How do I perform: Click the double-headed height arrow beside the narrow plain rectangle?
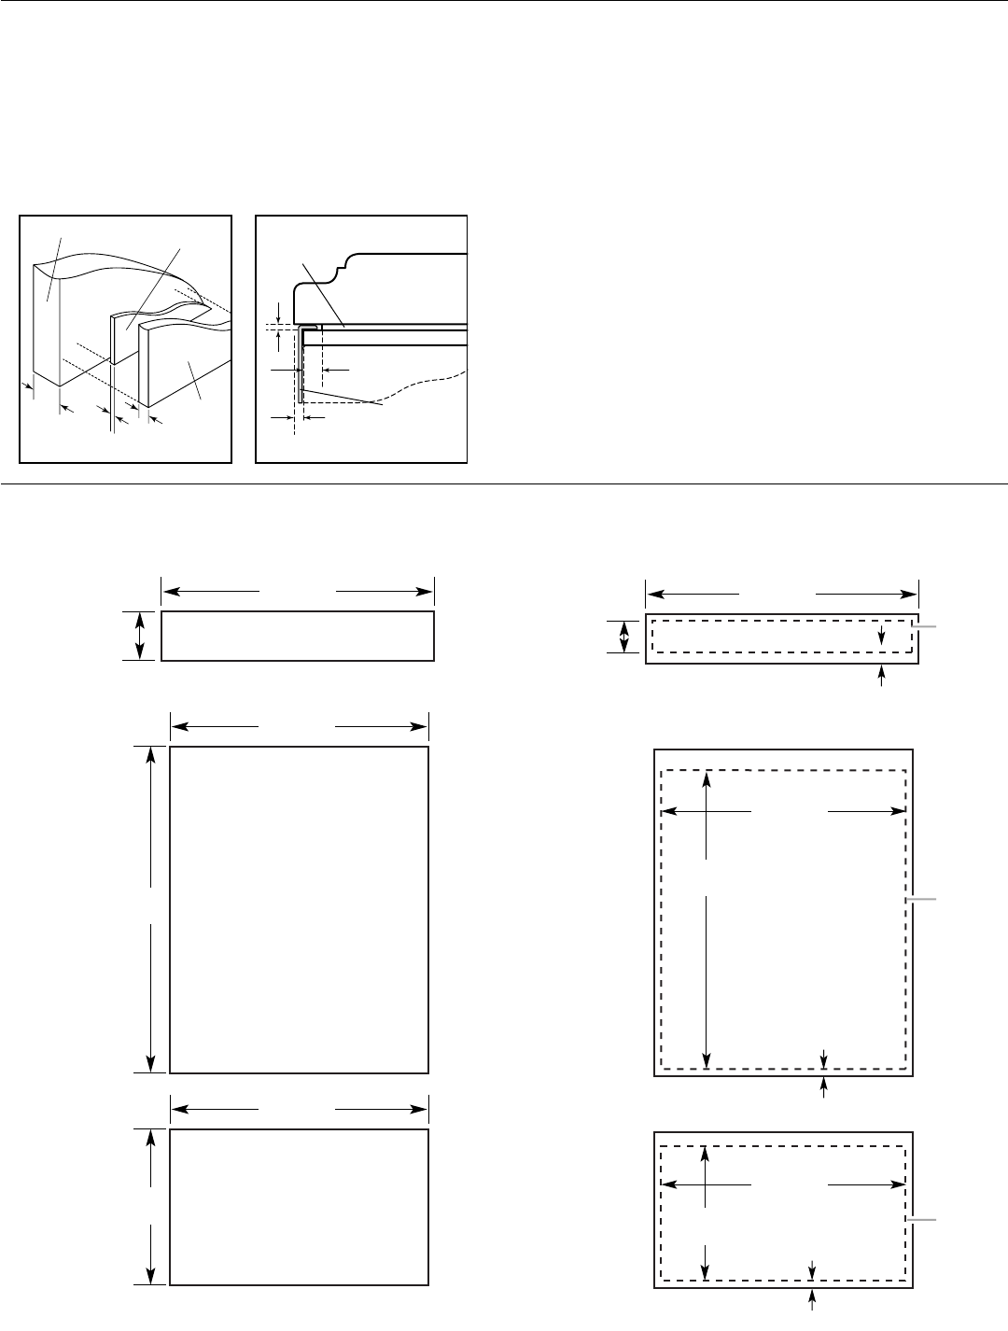140,636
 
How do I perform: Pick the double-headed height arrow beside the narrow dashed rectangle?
624,637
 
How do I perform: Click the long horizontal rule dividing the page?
504,484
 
